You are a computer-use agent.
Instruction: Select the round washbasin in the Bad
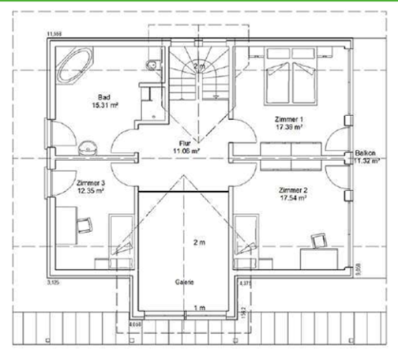point(87,144)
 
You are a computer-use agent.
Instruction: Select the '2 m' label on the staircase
point(199,66)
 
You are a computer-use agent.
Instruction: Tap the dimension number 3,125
point(54,282)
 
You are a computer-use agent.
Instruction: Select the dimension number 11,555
point(55,34)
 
